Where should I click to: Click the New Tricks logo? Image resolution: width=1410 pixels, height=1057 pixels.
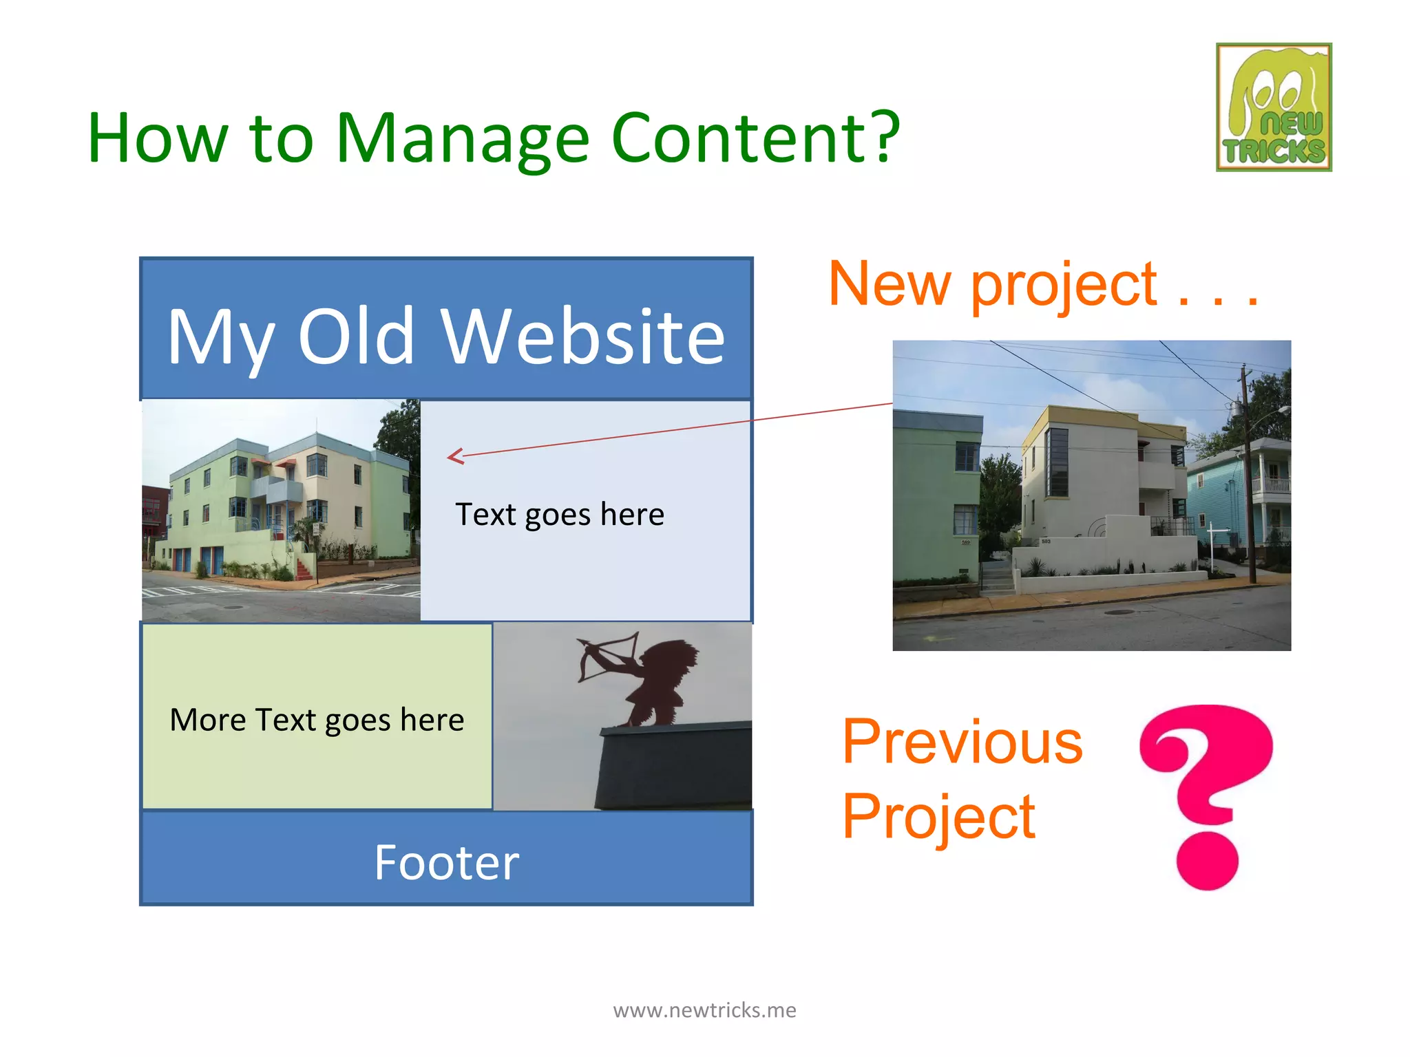(1273, 107)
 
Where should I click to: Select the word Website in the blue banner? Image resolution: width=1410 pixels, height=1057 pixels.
(582, 337)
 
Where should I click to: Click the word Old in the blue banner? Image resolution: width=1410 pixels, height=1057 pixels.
(356, 337)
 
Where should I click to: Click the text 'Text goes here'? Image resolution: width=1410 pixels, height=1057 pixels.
(559, 515)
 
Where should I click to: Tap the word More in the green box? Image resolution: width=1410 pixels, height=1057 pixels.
(207, 720)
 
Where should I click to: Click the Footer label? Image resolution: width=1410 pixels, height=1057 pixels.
(446, 863)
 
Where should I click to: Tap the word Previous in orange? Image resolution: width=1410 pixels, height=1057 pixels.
(962, 742)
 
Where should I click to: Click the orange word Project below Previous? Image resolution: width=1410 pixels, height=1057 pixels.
(938, 817)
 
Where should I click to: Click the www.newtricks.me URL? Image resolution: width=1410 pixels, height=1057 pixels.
(704, 1010)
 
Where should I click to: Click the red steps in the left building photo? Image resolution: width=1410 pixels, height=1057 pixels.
(304, 568)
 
